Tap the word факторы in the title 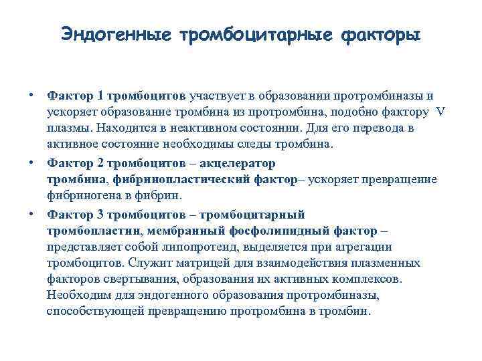381,33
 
